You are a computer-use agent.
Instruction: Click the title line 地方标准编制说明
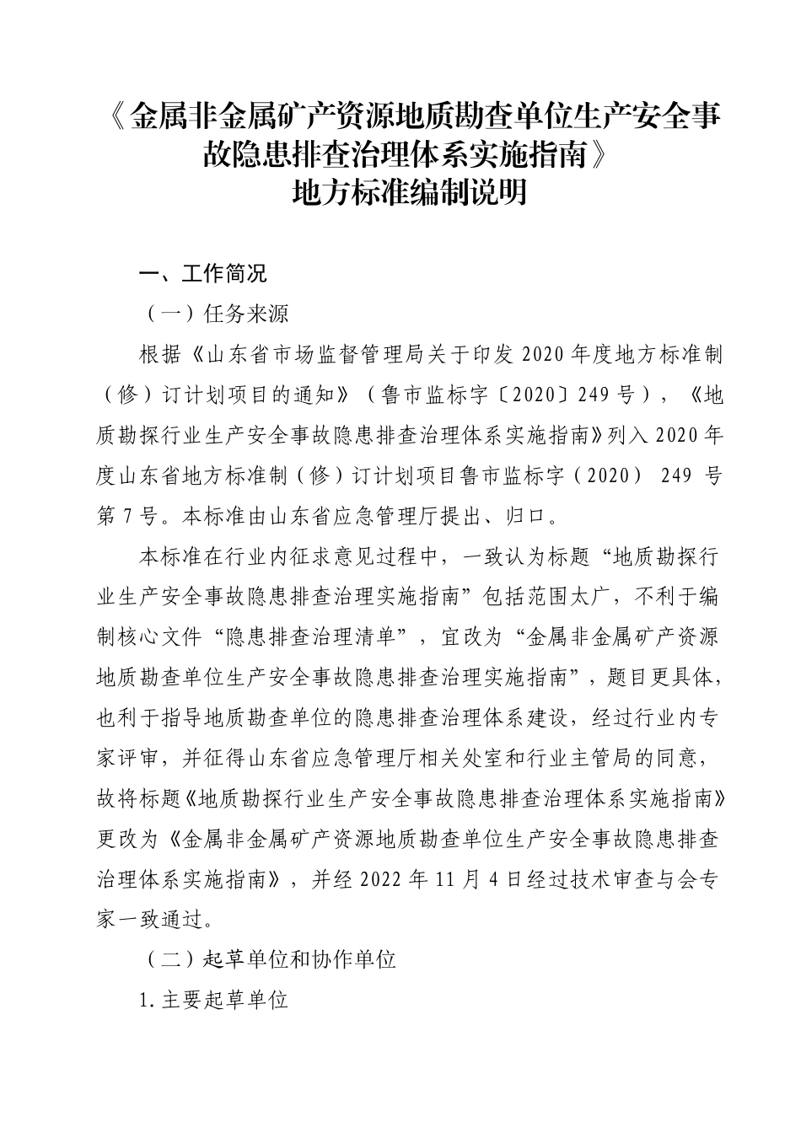[408, 192]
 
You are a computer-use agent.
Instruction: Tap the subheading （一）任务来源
[215, 314]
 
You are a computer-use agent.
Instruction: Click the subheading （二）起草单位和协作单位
[267, 959]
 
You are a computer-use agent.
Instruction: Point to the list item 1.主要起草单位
[214, 1001]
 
